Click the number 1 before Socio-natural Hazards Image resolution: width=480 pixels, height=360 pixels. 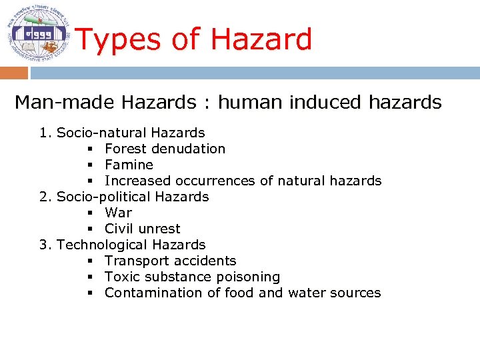pyautogui.click(x=44, y=133)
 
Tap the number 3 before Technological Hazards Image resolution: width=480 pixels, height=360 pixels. pyautogui.click(x=44, y=245)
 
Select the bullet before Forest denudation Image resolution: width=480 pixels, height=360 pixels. pyautogui.click(x=89, y=149)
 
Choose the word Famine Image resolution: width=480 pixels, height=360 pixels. pyautogui.click(x=129, y=165)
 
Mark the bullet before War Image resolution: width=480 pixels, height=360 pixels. pyautogui.click(x=89, y=213)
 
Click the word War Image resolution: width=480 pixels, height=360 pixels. pyautogui.click(x=119, y=213)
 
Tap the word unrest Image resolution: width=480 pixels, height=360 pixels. pyautogui.click(x=159, y=229)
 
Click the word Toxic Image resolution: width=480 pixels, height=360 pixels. pyautogui.click(x=121, y=277)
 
